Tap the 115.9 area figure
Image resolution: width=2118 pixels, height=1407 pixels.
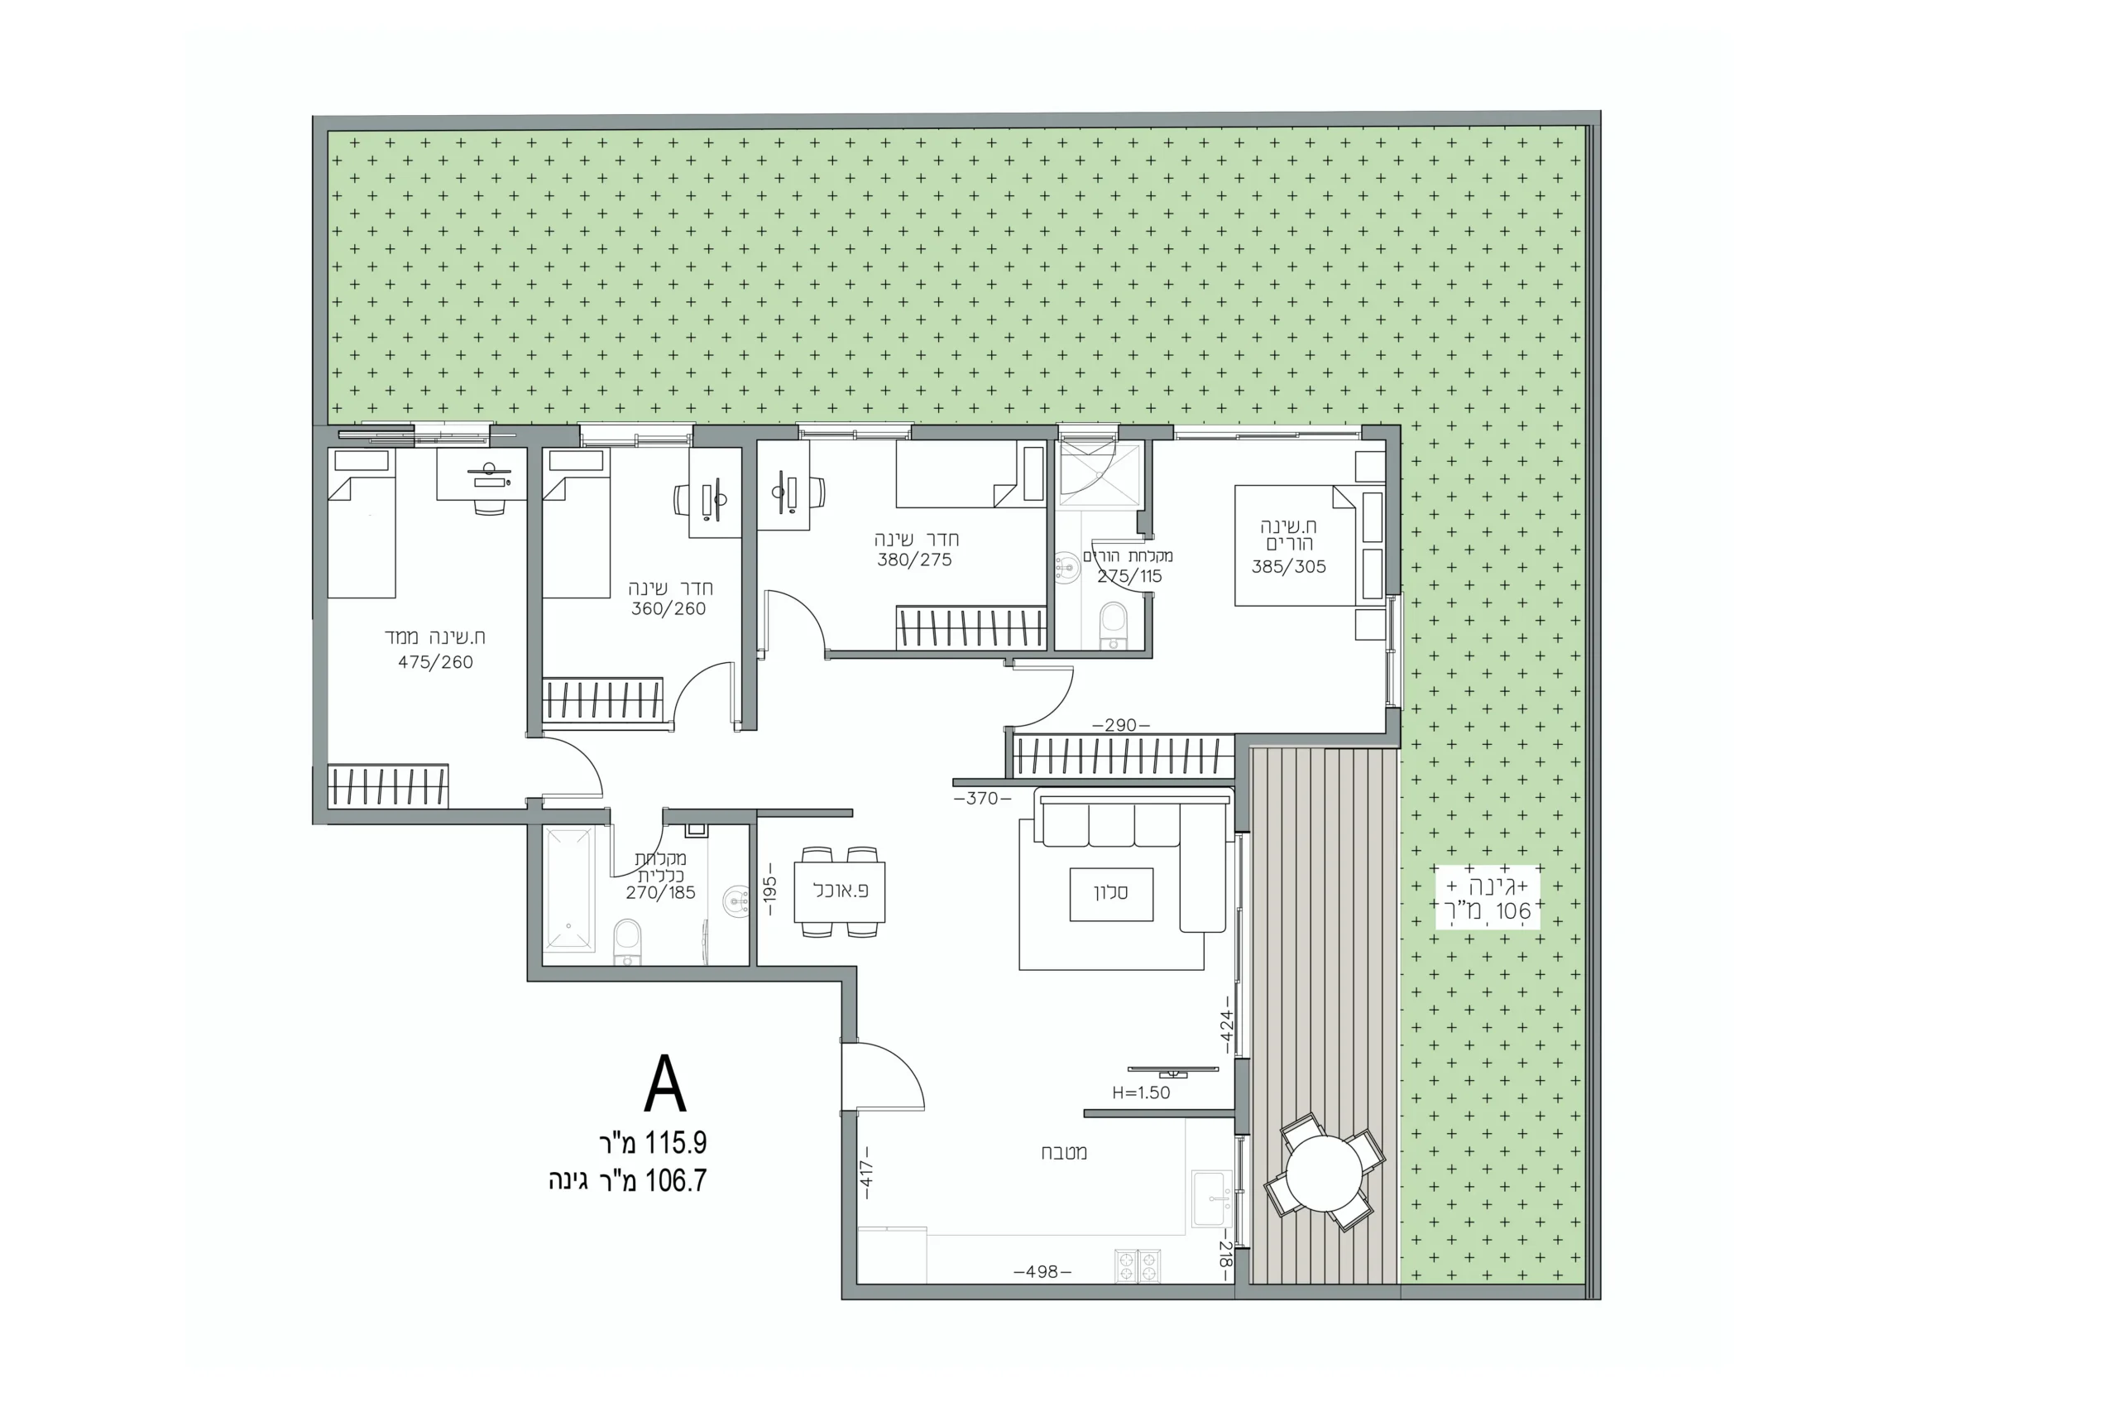(675, 1142)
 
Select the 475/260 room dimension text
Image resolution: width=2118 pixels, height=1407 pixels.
(435, 662)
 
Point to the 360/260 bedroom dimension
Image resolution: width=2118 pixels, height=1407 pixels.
(668, 608)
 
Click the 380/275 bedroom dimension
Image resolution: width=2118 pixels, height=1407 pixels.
(914, 560)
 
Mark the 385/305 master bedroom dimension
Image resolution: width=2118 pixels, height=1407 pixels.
(1288, 566)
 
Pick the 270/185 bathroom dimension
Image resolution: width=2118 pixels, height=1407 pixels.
(660, 893)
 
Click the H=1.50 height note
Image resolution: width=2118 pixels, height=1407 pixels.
(1141, 1093)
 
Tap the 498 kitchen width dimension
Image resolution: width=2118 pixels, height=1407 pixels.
(1042, 1271)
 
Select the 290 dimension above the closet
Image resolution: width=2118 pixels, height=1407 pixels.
(1120, 725)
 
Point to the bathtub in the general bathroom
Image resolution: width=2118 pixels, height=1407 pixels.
(568, 888)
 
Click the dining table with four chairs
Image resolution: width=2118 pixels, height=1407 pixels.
(840, 892)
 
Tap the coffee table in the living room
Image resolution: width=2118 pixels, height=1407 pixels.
(1110, 894)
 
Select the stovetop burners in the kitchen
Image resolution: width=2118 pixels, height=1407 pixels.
(1138, 1266)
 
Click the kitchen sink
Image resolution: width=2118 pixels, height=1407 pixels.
(1212, 1198)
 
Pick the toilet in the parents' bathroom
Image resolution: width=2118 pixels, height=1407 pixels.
(1114, 625)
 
